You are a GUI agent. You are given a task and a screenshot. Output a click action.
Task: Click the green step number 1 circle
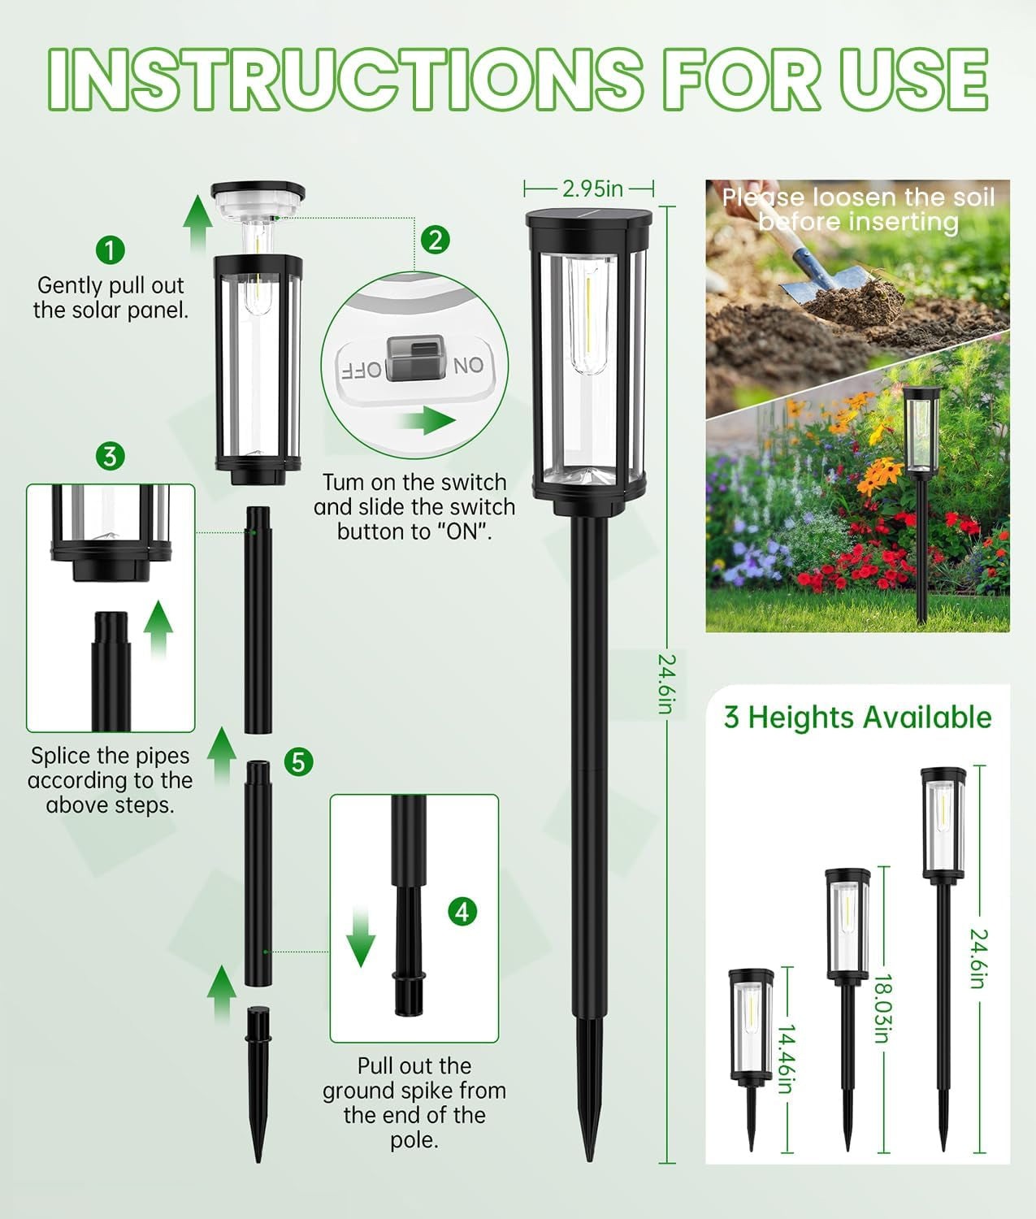point(111,249)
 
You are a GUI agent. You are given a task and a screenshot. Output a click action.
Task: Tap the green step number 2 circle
point(436,240)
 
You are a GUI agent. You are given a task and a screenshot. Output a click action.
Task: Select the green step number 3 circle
point(111,456)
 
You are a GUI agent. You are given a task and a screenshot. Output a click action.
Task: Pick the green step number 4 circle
point(462,912)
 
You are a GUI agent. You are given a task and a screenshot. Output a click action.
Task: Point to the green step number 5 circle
point(299,761)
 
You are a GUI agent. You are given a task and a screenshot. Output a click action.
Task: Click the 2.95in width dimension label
point(592,189)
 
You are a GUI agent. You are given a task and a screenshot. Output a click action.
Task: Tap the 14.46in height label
point(785,1059)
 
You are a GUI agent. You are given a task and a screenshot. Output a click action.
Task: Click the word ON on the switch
point(468,366)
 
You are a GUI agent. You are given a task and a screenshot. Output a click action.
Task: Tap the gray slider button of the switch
point(416,359)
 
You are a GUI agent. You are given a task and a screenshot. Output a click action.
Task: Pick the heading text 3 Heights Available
point(857,718)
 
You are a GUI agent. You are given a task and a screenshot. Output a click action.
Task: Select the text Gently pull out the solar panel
point(111,297)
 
